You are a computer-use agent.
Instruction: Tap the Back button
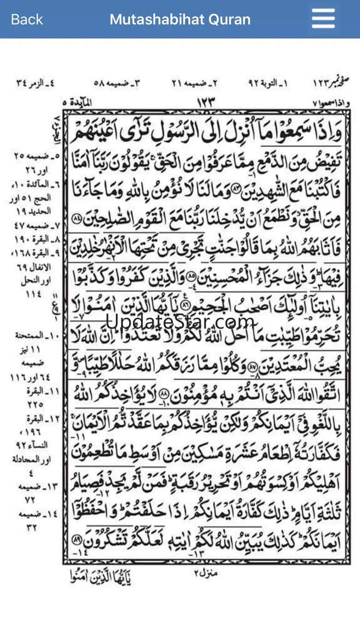pyautogui.click(x=27, y=19)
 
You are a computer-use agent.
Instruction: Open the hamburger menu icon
pyautogui.click(x=323, y=19)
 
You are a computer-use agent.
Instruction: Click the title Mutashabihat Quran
pyautogui.click(x=180, y=19)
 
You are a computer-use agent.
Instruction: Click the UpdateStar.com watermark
pyautogui.click(x=180, y=321)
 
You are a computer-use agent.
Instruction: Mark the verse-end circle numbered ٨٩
pyautogui.click(x=77, y=539)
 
